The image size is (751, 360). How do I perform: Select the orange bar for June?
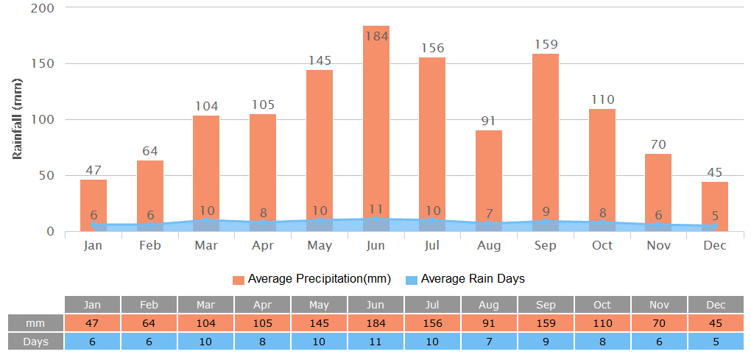(375, 125)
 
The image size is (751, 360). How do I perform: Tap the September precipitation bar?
(546, 136)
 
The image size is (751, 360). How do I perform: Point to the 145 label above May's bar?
(320, 60)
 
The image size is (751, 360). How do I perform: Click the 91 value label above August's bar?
(489, 121)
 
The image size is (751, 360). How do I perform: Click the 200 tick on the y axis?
(43, 7)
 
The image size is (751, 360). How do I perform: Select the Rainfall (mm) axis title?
(18, 119)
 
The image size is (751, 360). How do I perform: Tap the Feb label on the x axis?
(149, 245)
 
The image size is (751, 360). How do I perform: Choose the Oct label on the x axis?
(602, 245)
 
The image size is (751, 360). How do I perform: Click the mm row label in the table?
(35, 323)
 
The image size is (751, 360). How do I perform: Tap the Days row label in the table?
(35, 342)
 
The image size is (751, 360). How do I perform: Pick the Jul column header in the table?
(432, 305)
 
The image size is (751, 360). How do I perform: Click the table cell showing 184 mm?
(375, 323)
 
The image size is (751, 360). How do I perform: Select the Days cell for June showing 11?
(375, 342)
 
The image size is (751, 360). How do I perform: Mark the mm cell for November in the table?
(658, 323)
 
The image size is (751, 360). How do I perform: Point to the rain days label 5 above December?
(715, 216)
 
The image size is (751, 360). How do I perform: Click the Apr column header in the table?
(263, 305)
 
